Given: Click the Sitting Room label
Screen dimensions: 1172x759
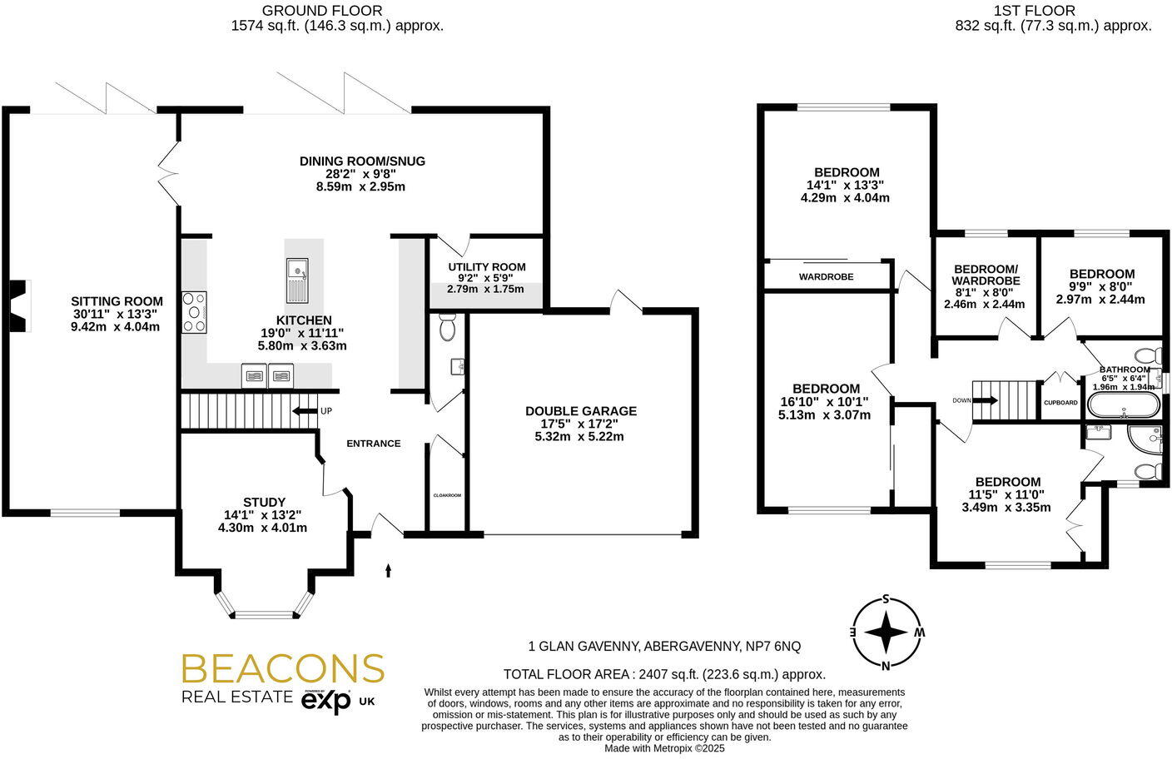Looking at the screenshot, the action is point(117,301).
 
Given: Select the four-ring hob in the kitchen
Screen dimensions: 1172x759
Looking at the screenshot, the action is point(194,312).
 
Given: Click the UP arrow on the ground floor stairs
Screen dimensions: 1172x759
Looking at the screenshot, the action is point(305,411).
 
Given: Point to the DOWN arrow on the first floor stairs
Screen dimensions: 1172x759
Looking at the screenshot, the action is point(986,400).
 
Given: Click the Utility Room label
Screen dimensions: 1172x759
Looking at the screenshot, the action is point(487,267).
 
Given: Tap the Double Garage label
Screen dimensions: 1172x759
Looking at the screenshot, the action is point(581,411).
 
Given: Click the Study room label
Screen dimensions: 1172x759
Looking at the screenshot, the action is point(264,503).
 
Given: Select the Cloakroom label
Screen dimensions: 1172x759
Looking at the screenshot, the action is point(447,495).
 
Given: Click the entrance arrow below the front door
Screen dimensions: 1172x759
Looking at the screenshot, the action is point(388,570).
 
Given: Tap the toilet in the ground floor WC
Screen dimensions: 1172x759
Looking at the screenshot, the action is point(447,327).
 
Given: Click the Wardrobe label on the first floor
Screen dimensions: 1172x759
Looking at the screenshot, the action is point(827,276).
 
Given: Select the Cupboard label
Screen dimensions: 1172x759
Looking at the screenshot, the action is point(1060,403).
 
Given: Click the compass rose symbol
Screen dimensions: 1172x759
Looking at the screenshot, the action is point(886,632).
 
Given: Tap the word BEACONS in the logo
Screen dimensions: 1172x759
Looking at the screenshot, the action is point(282,668).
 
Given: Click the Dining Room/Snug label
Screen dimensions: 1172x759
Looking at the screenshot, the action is point(362,161).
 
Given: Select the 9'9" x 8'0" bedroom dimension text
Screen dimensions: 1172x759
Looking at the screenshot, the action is point(1101,286).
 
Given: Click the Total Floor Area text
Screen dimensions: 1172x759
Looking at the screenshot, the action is point(664,675).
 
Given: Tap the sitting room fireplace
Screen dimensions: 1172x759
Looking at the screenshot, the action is point(18,306).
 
